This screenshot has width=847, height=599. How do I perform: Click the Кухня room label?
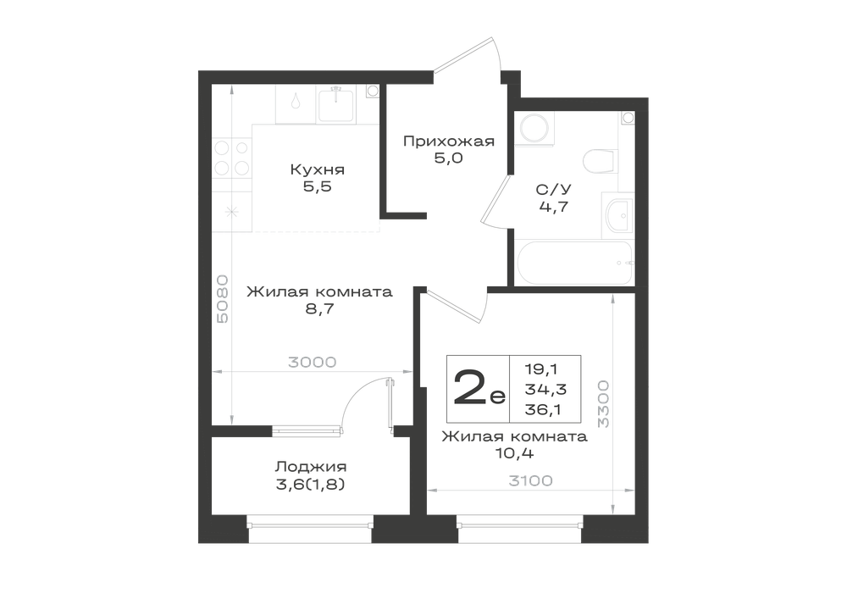317,169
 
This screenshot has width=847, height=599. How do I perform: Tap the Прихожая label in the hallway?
449,141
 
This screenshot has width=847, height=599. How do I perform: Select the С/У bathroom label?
553,190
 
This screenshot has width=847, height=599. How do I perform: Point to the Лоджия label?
311,467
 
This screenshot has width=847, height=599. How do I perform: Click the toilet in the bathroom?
601,160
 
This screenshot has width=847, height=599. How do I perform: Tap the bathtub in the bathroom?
574,263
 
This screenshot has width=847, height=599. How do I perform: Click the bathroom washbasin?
618,217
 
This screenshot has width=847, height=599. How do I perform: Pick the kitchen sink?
336,106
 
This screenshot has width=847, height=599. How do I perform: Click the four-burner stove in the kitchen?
232,158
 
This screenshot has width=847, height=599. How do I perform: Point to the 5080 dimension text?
222,299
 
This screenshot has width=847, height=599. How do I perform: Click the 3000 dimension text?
313,362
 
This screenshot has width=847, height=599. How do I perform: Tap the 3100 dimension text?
530,480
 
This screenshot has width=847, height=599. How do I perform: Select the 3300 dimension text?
603,404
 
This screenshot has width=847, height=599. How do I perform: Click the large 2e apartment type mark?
479,388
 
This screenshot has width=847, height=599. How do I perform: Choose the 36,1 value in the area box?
543,410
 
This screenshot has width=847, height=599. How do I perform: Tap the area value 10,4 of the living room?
514,454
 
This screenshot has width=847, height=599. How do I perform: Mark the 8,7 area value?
320,309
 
